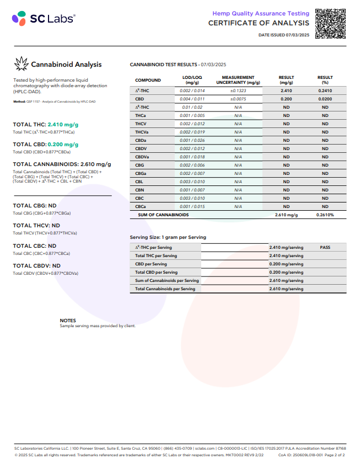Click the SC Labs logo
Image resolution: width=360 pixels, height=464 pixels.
click(44, 19)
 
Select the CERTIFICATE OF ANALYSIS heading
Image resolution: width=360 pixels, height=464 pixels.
click(259, 23)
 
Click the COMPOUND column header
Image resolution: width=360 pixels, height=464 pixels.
click(148, 80)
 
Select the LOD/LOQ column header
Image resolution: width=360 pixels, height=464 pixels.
click(192, 80)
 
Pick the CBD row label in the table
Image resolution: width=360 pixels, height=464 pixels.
click(139, 99)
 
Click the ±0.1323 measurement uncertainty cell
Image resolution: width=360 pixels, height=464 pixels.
click(238, 90)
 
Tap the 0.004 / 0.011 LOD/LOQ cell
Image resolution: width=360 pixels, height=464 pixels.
click(192, 99)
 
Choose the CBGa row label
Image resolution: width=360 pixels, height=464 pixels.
click(141, 173)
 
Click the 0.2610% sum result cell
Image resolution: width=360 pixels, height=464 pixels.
click(325, 215)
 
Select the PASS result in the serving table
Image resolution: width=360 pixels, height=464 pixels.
click(325, 248)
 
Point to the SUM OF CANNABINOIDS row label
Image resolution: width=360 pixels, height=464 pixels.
click(163, 215)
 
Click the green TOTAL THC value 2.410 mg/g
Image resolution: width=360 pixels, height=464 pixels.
click(63, 125)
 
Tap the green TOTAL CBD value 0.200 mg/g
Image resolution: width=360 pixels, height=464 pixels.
click(63, 144)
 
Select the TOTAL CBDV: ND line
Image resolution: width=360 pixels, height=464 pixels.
click(36, 265)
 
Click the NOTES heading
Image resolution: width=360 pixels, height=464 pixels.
click(68, 321)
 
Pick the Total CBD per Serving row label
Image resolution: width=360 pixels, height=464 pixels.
click(157, 273)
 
